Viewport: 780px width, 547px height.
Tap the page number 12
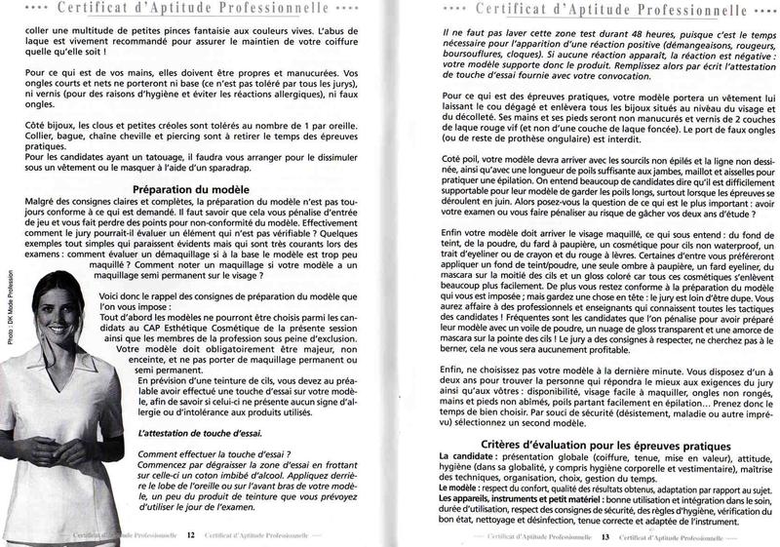[x=192, y=534]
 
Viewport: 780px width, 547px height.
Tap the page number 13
[x=604, y=534]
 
